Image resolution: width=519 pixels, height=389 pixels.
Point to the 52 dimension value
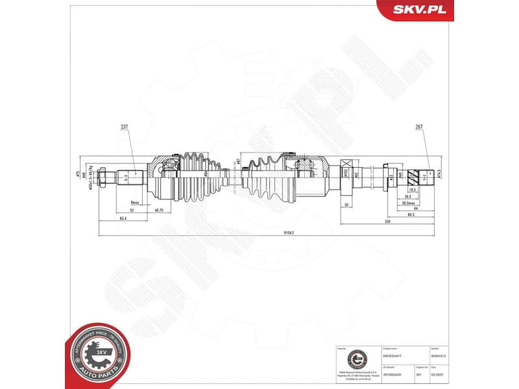[x=132, y=210]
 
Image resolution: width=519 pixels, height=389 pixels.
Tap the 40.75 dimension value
[x=158, y=210]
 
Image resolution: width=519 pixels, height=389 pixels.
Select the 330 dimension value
[x=387, y=221]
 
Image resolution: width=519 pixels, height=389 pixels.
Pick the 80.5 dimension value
[x=411, y=215]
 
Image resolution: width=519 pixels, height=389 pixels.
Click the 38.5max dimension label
[x=409, y=203]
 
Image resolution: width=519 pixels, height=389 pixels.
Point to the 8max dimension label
[x=136, y=202]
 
